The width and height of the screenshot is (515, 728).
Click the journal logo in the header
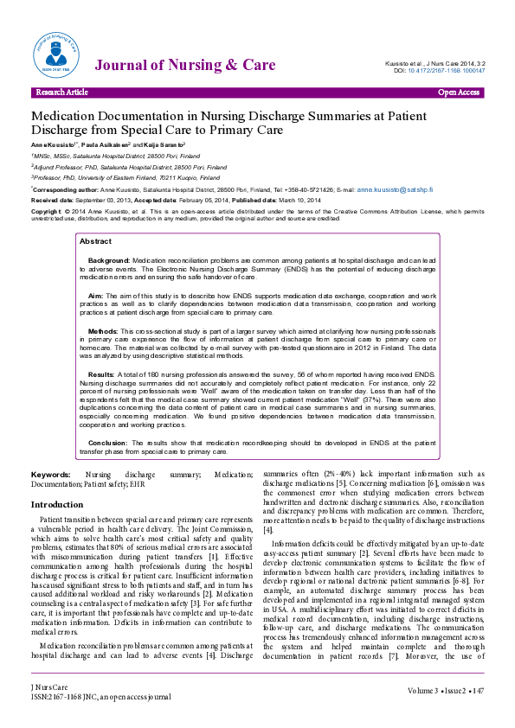point(53,53)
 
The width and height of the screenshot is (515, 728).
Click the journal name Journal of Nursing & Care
point(185,65)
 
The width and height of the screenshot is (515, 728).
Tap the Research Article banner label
point(61,92)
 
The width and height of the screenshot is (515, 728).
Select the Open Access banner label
point(459,92)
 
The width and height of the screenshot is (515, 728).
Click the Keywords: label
point(51,476)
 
